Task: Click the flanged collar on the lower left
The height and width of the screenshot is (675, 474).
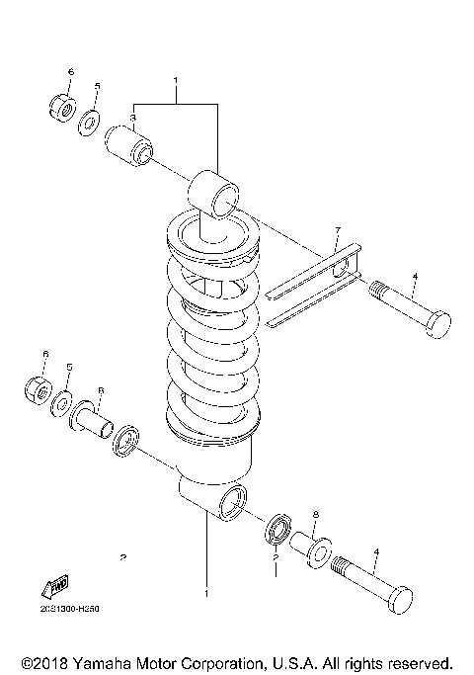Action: point(92,421)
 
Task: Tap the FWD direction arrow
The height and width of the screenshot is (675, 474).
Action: point(55,587)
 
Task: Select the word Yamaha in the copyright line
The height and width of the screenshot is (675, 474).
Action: point(89,661)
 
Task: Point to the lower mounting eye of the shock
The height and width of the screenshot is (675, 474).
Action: point(231,500)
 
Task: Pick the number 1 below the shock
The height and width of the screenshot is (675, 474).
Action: point(205,594)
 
